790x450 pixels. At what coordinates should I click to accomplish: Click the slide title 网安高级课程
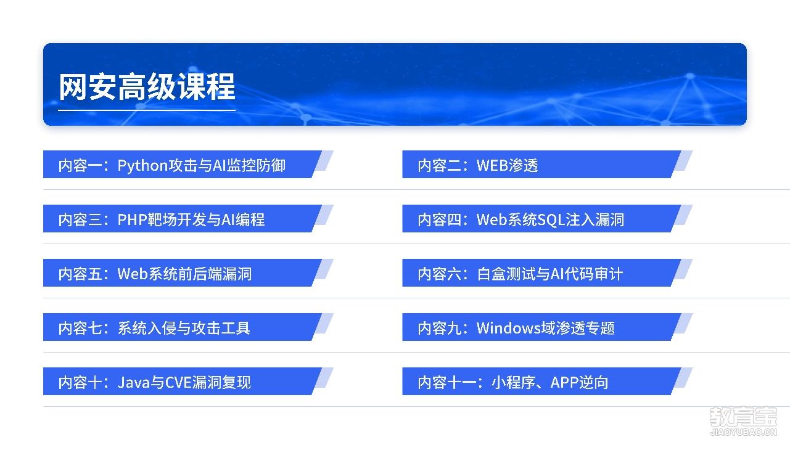point(147,87)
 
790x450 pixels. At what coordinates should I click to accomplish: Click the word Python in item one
point(142,166)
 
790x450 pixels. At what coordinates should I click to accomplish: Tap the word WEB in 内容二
point(492,165)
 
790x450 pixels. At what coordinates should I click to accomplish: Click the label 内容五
point(80,274)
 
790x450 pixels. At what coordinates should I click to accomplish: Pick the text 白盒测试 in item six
point(506,274)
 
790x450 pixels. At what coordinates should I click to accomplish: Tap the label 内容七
point(80,328)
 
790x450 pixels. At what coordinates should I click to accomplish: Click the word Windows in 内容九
point(509,328)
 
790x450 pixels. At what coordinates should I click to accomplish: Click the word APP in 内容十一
point(564,382)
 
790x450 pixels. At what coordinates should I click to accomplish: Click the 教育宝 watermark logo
point(744,417)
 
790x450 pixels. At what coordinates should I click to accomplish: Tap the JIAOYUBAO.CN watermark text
point(744,432)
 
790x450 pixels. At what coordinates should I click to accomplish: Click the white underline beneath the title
point(147,110)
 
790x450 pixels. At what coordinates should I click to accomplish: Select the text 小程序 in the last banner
point(513,382)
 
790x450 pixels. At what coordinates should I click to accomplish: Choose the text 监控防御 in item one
point(256,165)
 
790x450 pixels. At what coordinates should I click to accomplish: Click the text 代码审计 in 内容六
point(593,274)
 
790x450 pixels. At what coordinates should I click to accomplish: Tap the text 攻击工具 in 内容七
point(221,328)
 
